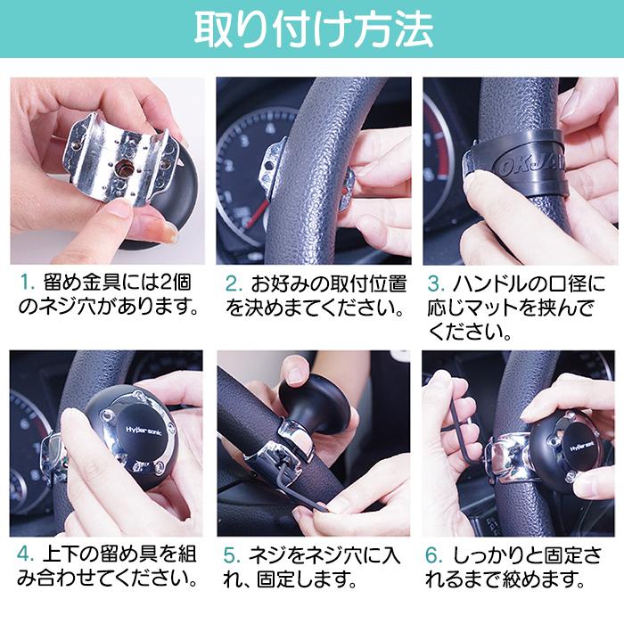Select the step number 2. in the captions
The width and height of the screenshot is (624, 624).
234,285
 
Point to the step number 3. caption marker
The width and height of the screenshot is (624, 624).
437,285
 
